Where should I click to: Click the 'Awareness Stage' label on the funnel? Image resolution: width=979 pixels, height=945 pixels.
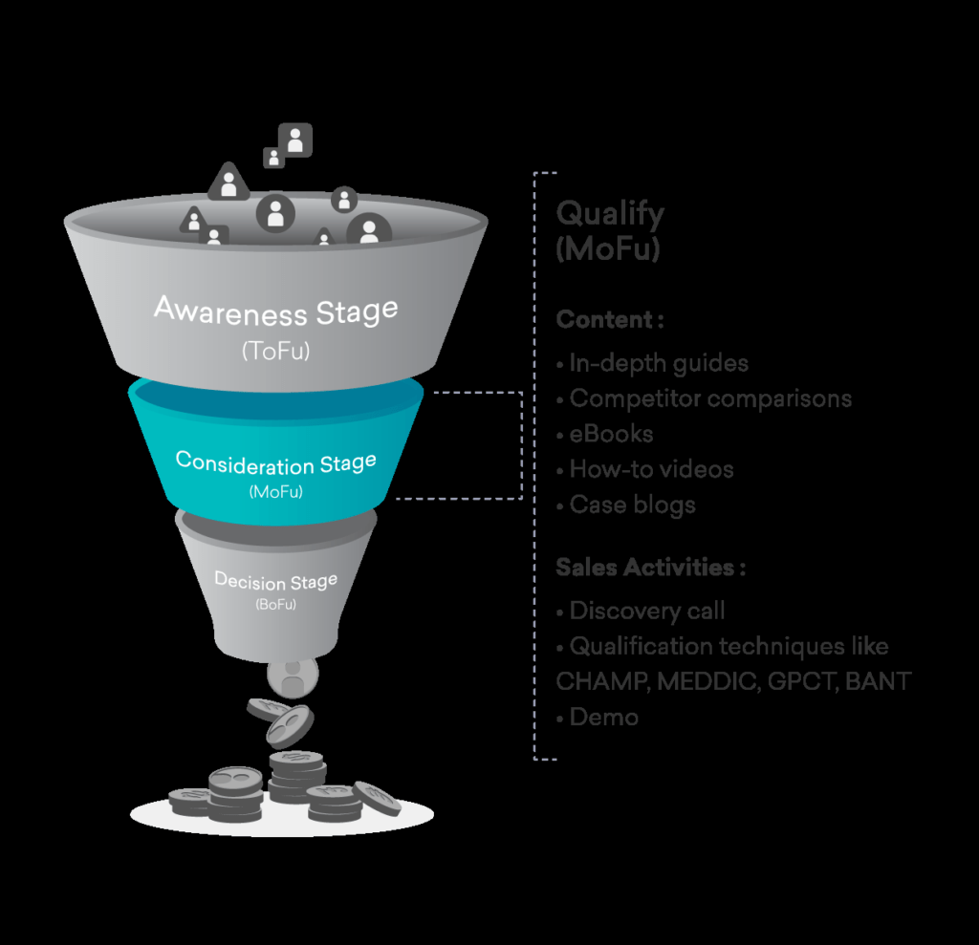[275, 311]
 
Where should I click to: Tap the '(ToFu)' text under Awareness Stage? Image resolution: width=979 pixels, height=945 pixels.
[275, 352]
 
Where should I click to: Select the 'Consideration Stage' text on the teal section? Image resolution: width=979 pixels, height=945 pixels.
[275, 463]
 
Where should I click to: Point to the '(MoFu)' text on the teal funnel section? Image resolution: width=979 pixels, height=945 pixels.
[275, 493]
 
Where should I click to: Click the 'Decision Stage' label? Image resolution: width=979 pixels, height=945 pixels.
[275, 581]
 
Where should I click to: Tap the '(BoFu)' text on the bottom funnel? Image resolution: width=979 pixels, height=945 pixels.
[275, 606]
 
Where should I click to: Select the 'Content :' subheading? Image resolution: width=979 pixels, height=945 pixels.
[610, 320]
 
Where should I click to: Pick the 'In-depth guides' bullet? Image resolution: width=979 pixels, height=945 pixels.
[659, 363]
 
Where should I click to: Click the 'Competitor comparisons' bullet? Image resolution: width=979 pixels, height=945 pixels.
[710, 398]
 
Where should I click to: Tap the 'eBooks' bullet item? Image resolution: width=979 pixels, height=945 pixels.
[611, 434]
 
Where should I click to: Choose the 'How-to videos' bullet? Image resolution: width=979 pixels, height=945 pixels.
[651, 469]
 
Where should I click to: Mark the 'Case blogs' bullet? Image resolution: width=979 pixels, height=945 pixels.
[632, 505]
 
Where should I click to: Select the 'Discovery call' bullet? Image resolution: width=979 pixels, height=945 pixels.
[647, 611]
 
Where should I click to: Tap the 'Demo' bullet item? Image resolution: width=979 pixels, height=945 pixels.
[603, 717]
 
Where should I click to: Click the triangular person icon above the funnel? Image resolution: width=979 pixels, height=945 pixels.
[228, 182]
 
